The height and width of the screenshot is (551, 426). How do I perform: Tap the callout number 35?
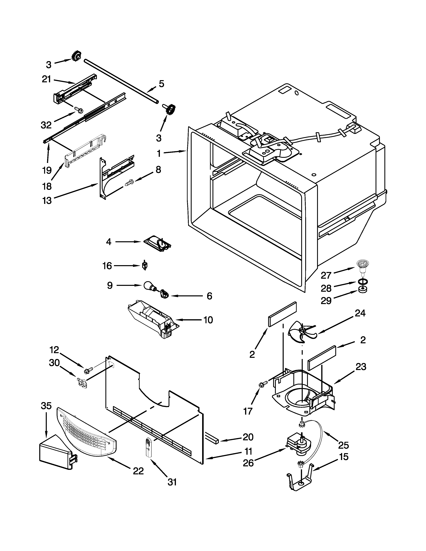pyautogui.click(x=46, y=406)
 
